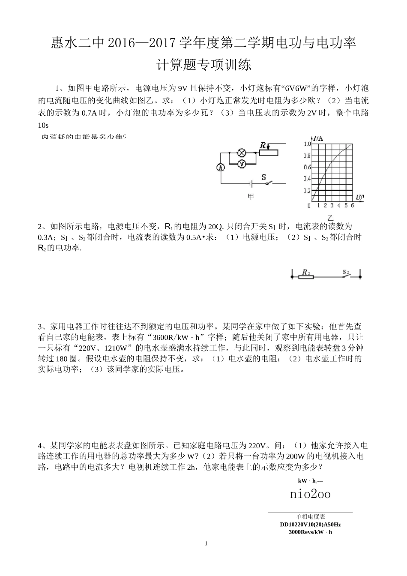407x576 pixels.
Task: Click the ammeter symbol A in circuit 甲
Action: click(x=220, y=168)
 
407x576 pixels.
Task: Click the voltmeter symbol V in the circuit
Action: click(x=241, y=163)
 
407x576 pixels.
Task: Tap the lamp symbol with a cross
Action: click(x=241, y=152)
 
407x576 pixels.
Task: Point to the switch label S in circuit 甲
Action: click(x=263, y=177)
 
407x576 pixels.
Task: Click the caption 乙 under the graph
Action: click(x=330, y=217)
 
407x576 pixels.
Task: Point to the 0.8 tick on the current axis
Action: click(x=307, y=156)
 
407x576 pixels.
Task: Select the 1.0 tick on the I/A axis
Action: click(x=307, y=144)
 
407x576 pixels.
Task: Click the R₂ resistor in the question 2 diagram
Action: click(x=305, y=277)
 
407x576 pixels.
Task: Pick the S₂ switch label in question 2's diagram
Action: click(x=346, y=272)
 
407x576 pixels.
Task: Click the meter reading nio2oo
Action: click(x=310, y=494)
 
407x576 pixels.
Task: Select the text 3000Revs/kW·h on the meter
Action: click(x=310, y=532)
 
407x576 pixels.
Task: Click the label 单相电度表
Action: click(x=310, y=517)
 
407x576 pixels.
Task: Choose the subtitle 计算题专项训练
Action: click(x=203, y=65)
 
